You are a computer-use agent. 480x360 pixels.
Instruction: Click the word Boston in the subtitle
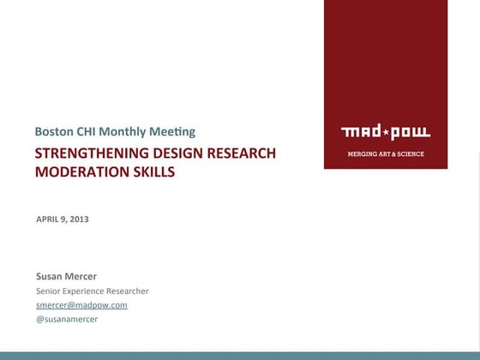tap(53, 132)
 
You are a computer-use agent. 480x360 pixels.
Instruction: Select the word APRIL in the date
tap(48, 219)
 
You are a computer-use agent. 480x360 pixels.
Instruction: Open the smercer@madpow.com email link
tap(81, 305)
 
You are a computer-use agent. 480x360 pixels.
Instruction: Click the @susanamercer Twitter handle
tap(67, 319)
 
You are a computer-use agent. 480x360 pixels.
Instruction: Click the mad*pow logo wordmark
tap(385, 132)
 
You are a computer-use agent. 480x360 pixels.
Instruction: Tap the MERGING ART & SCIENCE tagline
tap(385, 154)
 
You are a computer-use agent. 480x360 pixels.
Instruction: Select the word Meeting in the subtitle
tap(173, 132)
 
